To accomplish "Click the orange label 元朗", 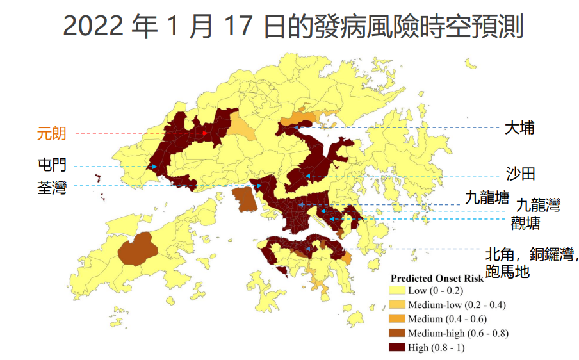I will coord(51,134).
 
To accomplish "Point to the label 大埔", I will coord(519,127).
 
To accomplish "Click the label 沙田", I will coord(520,174).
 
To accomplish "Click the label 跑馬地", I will coord(507,272).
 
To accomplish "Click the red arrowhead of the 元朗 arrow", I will coord(205,133).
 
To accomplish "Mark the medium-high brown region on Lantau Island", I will coord(137,250).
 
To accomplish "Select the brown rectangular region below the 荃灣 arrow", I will coord(244,199).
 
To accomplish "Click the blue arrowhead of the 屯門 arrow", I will coord(155,167).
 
